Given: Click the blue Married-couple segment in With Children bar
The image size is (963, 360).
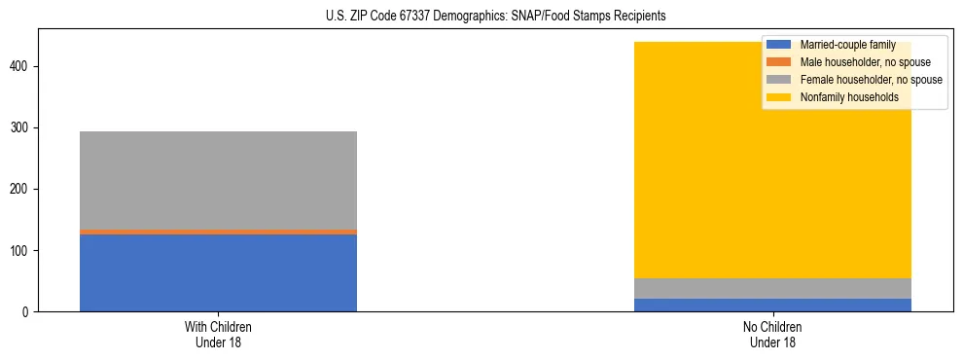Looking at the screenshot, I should (x=218, y=272).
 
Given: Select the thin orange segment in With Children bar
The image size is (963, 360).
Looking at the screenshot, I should (x=218, y=232).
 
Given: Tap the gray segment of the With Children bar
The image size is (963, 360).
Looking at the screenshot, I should (x=218, y=180).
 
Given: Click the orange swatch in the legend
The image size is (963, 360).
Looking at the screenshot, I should (x=779, y=62).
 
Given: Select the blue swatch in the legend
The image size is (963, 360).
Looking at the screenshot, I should (x=779, y=45).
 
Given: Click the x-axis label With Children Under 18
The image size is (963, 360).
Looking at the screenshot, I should (x=218, y=335).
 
